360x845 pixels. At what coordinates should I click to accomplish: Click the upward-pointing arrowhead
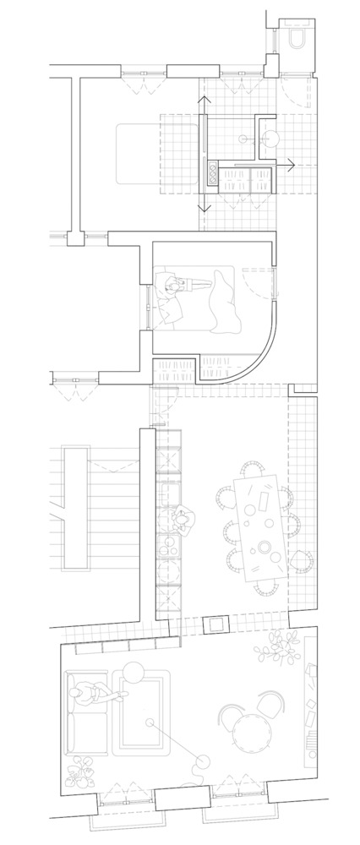(x=203, y=101)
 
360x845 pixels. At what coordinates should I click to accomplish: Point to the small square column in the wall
(x=216, y=624)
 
